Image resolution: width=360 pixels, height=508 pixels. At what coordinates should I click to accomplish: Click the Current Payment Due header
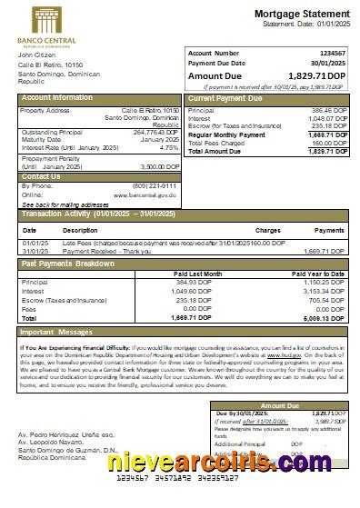[x=226, y=97]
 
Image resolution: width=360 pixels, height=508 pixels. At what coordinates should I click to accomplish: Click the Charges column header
[x=267, y=231]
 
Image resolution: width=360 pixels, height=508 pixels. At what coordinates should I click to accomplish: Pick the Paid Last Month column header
[x=198, y=273]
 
